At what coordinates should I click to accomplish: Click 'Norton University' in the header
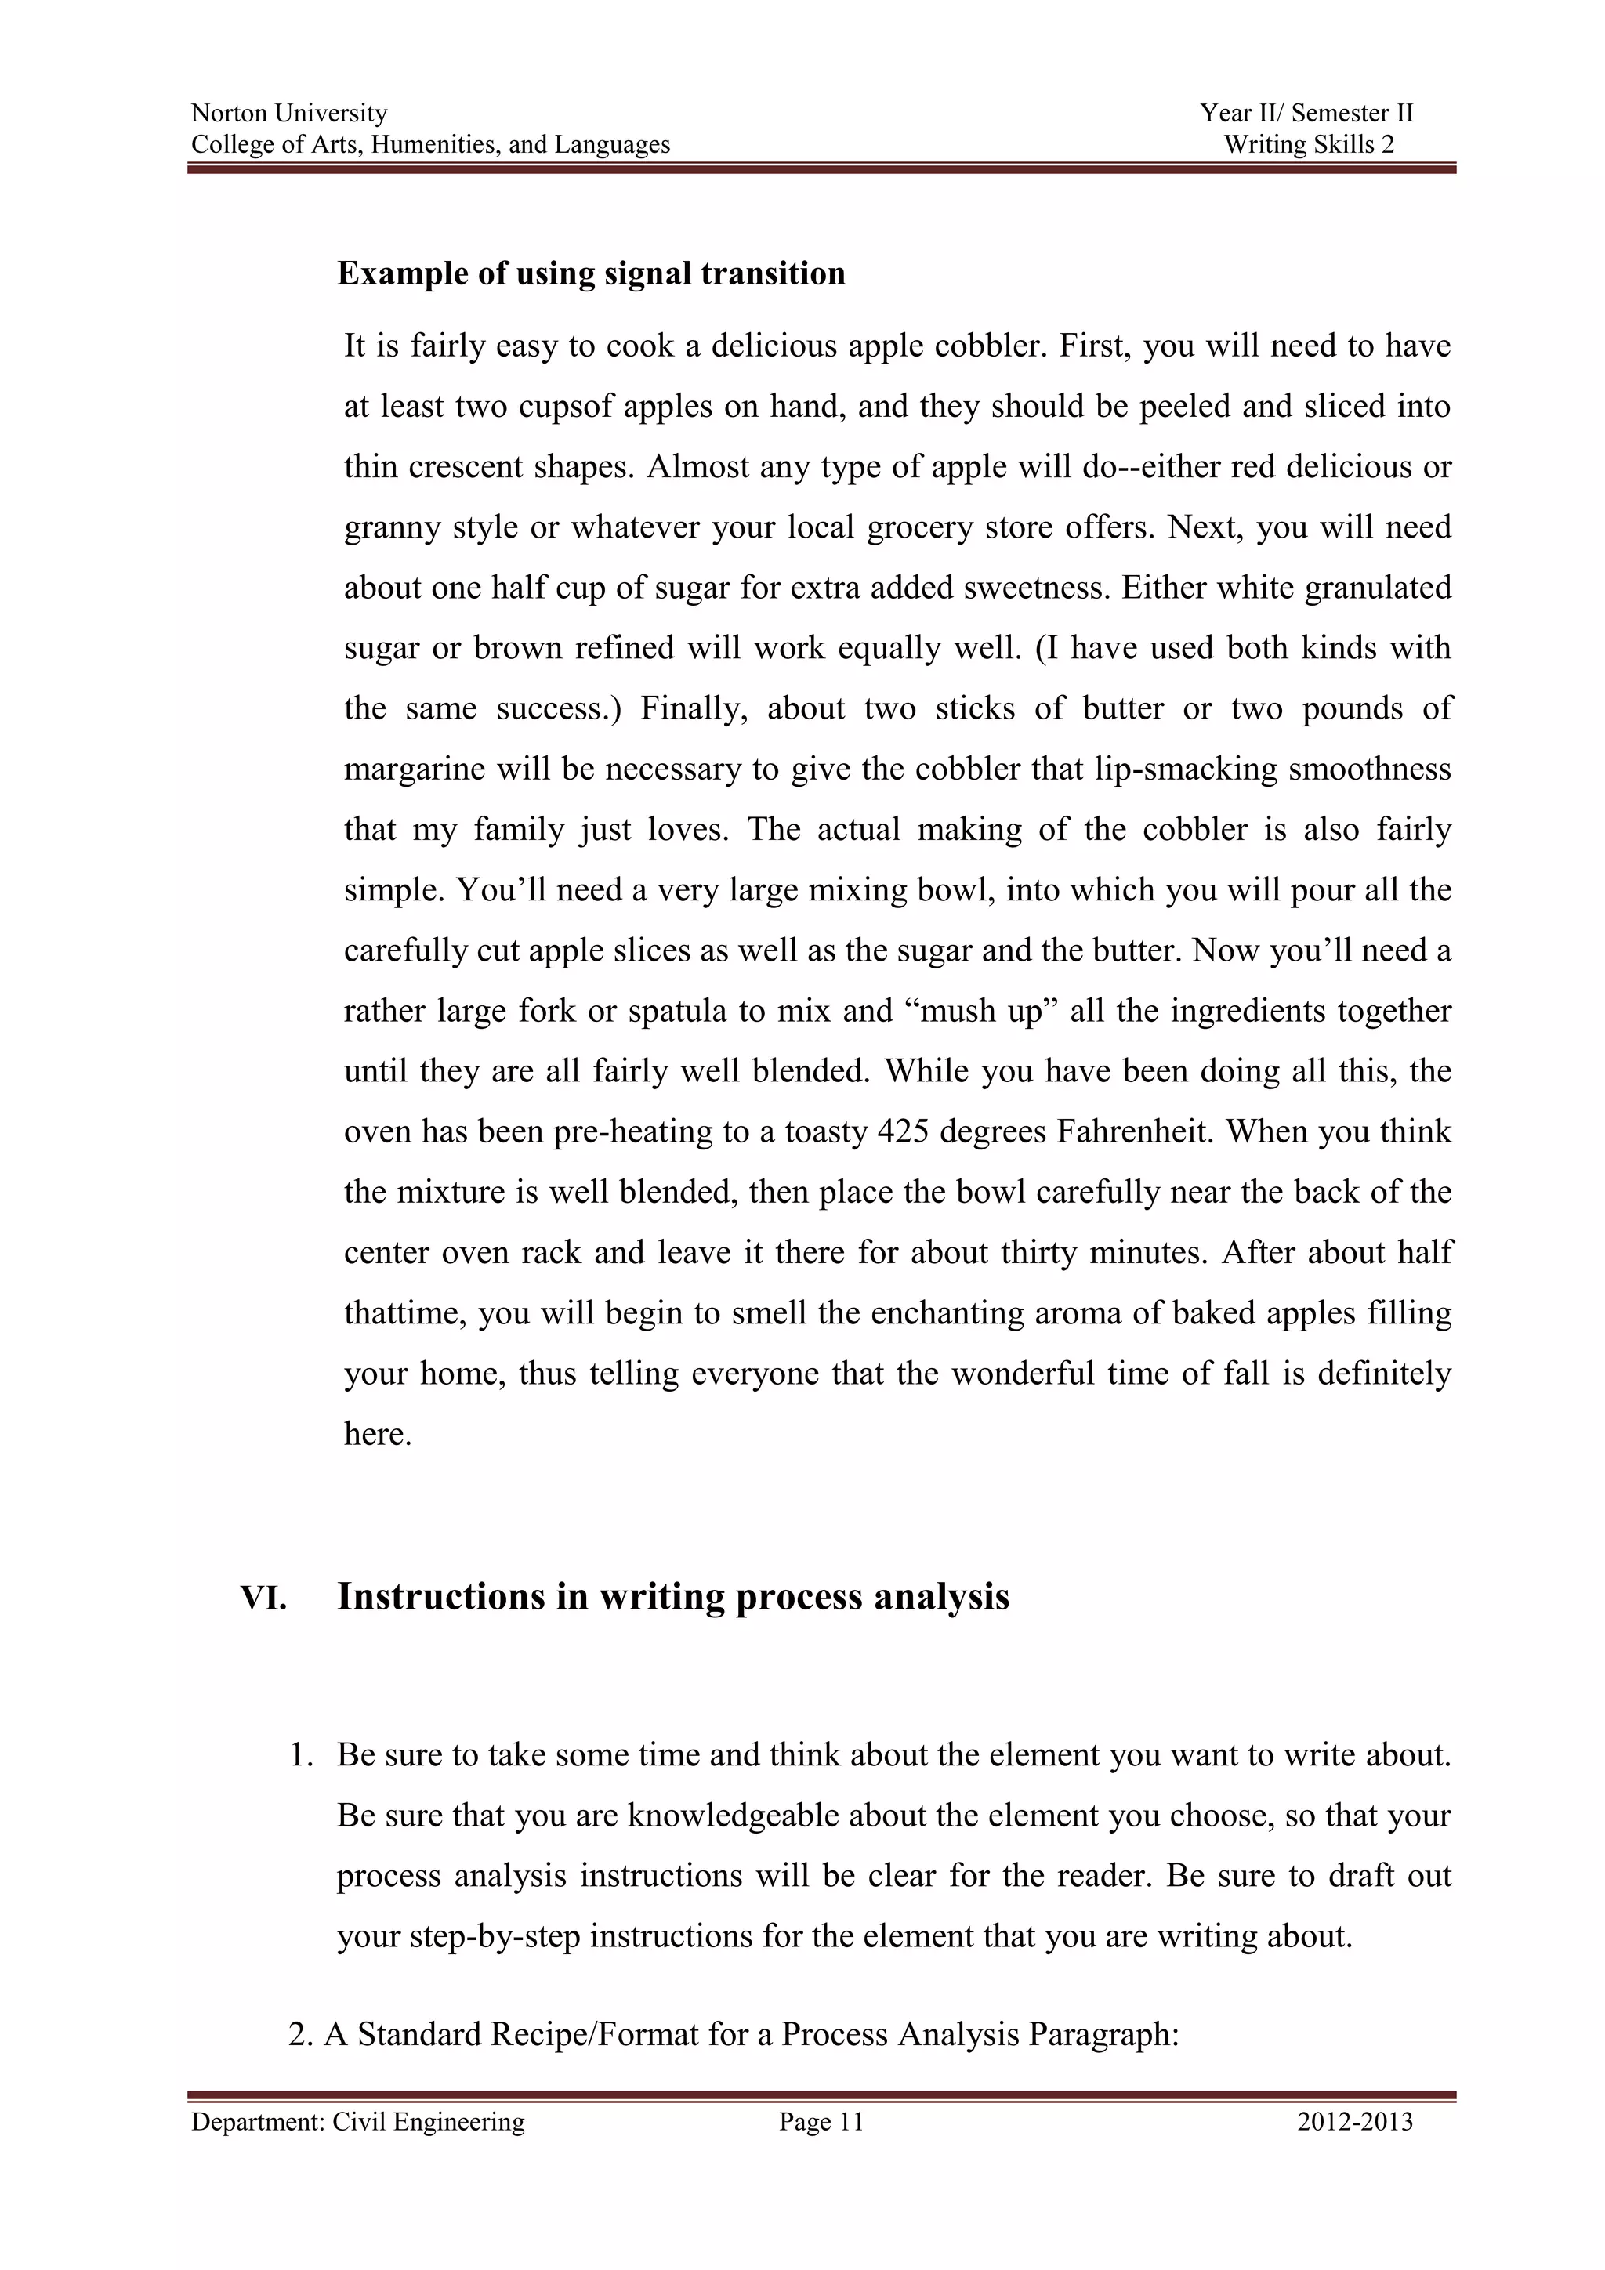point(288,114)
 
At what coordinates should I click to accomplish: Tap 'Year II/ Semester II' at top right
point(1306,114)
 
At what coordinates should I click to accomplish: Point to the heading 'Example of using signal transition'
point(590,274)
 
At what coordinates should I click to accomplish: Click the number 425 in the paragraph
point(902,1131)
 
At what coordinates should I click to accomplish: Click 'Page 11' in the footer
point(821,2123)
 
